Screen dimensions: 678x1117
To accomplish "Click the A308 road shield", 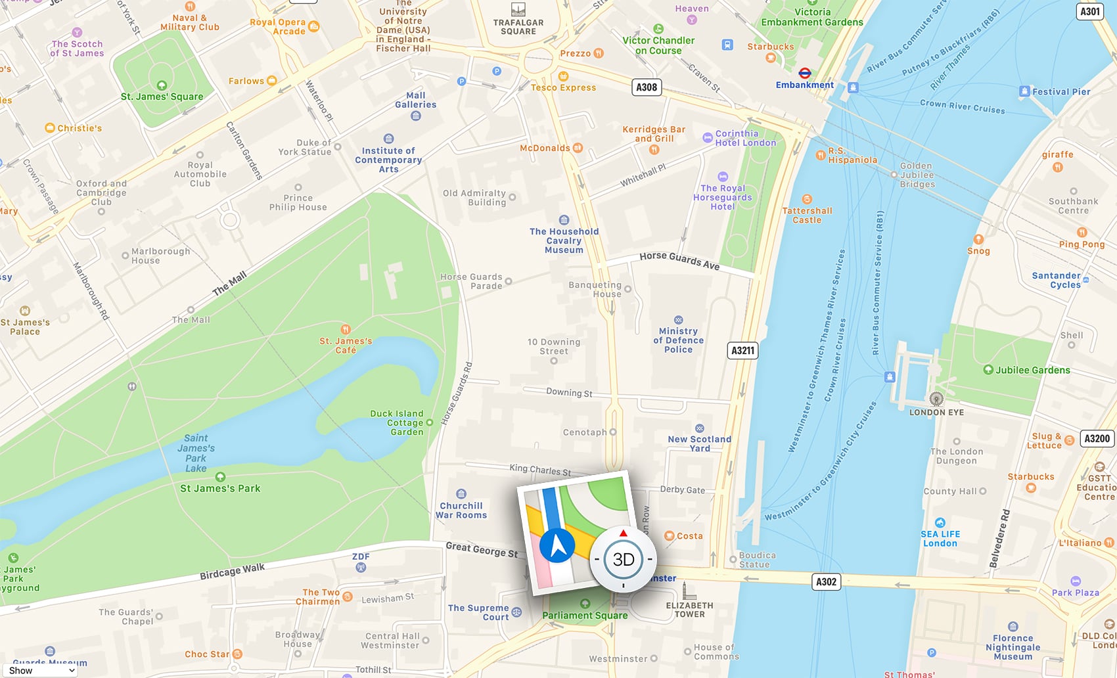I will coord(647,87).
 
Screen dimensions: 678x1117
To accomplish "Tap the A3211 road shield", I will coord(742,351).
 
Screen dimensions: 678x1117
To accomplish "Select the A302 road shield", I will coord(826,582).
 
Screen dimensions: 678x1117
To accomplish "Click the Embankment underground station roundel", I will coord(804,73).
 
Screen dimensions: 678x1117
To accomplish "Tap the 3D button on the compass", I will coord(623,559).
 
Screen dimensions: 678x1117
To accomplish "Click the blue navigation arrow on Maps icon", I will coord(557,545).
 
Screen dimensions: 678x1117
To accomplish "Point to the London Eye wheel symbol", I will coord(936,399).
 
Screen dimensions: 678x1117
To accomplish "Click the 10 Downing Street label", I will coord(553,346).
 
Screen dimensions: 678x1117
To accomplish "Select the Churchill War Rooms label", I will coord(461,510).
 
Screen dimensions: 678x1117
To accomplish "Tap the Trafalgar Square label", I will coord(518,26).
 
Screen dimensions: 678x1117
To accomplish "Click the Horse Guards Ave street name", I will coord(679,260).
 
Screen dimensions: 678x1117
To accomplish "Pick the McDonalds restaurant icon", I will coord(578,148).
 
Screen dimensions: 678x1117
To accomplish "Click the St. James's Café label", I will coord(346,345).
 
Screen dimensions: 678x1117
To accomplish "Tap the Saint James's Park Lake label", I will coord(196,453).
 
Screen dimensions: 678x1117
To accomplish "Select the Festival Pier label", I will coord(1060,92).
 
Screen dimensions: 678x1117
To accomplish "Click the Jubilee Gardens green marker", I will coord(988,370).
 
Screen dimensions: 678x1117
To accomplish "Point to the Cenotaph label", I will coord(585,432).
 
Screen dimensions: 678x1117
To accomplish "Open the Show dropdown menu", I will coord(41,670).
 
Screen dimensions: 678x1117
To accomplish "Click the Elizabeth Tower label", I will coord(689,610).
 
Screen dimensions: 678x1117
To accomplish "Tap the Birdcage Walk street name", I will coord(232,571).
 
